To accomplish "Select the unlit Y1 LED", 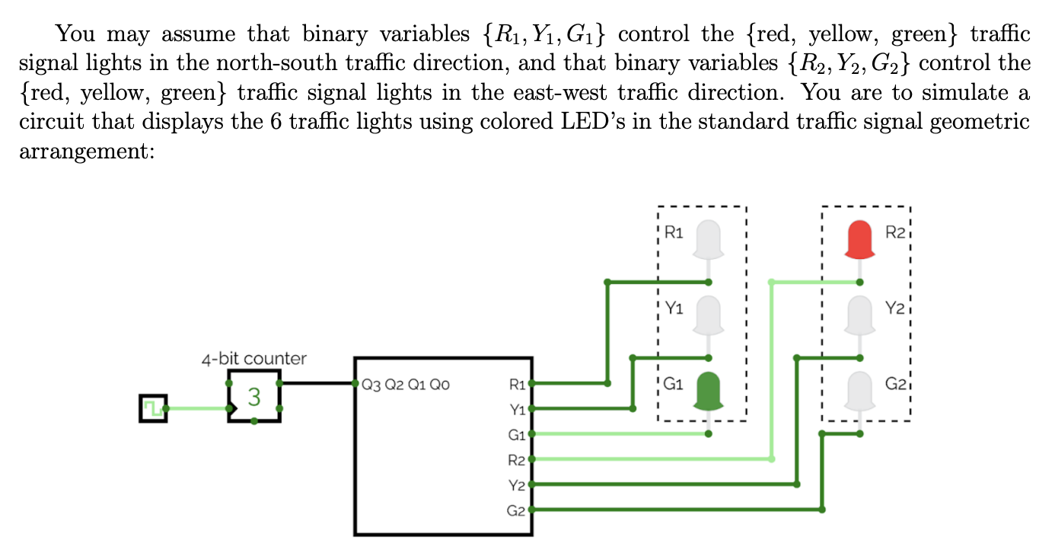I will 708,314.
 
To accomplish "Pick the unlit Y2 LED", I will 859,314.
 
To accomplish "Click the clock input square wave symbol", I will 152,408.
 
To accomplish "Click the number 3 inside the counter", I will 254,397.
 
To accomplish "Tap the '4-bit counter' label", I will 253,358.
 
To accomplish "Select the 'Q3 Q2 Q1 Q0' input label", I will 406,385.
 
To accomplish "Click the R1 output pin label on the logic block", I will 517,385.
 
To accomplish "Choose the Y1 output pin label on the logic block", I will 517,410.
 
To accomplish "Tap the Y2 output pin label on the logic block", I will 517,485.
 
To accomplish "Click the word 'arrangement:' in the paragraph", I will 85,152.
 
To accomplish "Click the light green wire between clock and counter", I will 196,409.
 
